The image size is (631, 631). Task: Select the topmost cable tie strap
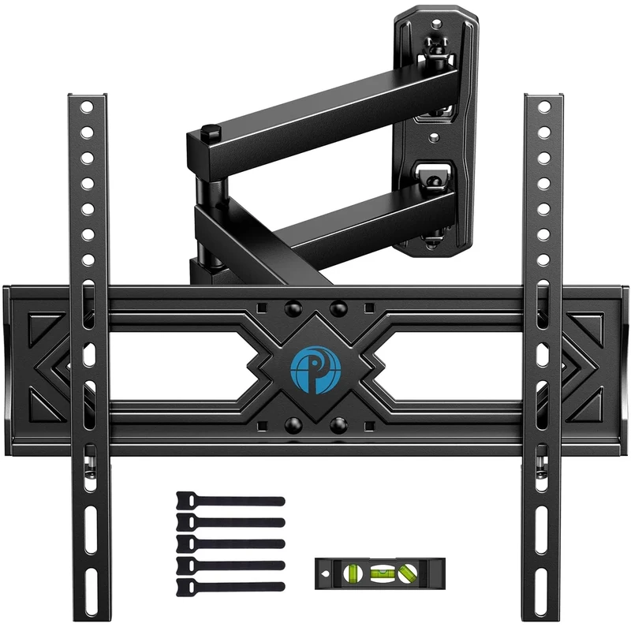[230, 501]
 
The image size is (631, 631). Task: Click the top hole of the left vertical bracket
[88, 106]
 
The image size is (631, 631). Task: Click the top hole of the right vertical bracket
[543, 106]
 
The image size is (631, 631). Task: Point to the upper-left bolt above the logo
[293, 307]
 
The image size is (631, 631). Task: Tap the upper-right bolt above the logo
[338, 307]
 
